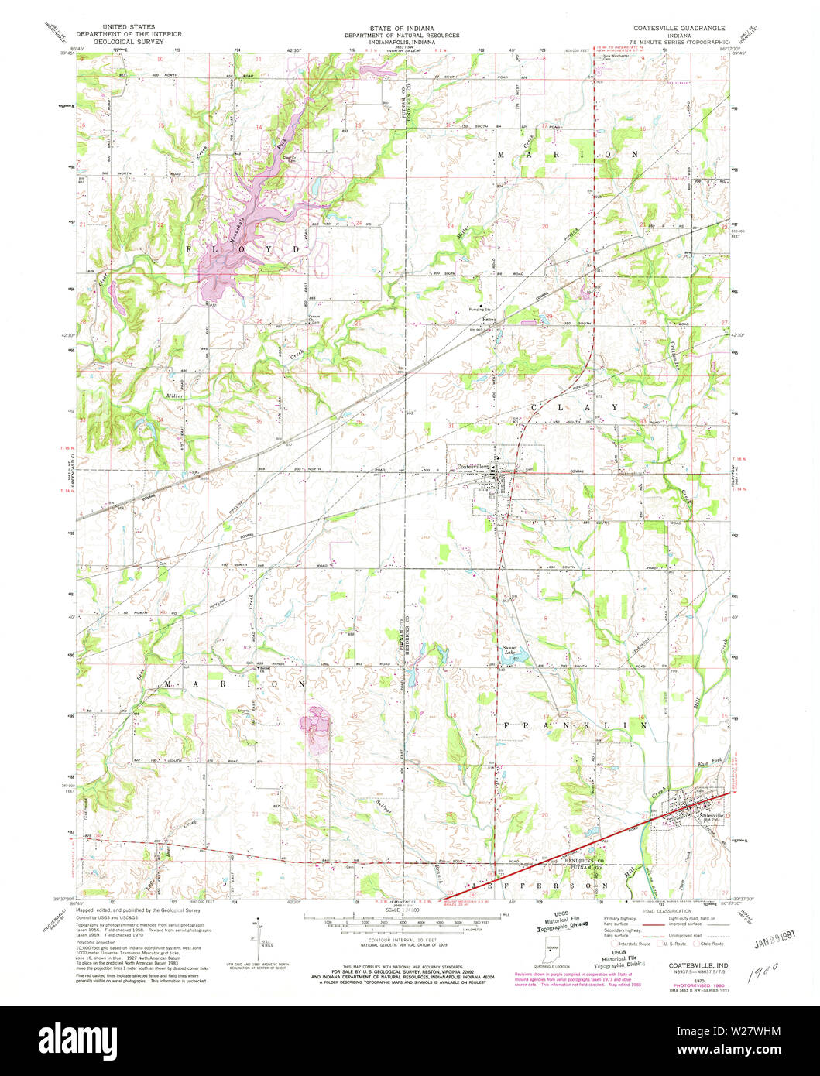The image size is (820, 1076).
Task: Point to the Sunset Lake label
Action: click(510, 649)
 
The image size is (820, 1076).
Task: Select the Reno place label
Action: click(489, 320)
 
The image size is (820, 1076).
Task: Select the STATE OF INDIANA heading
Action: click(401, 27)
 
